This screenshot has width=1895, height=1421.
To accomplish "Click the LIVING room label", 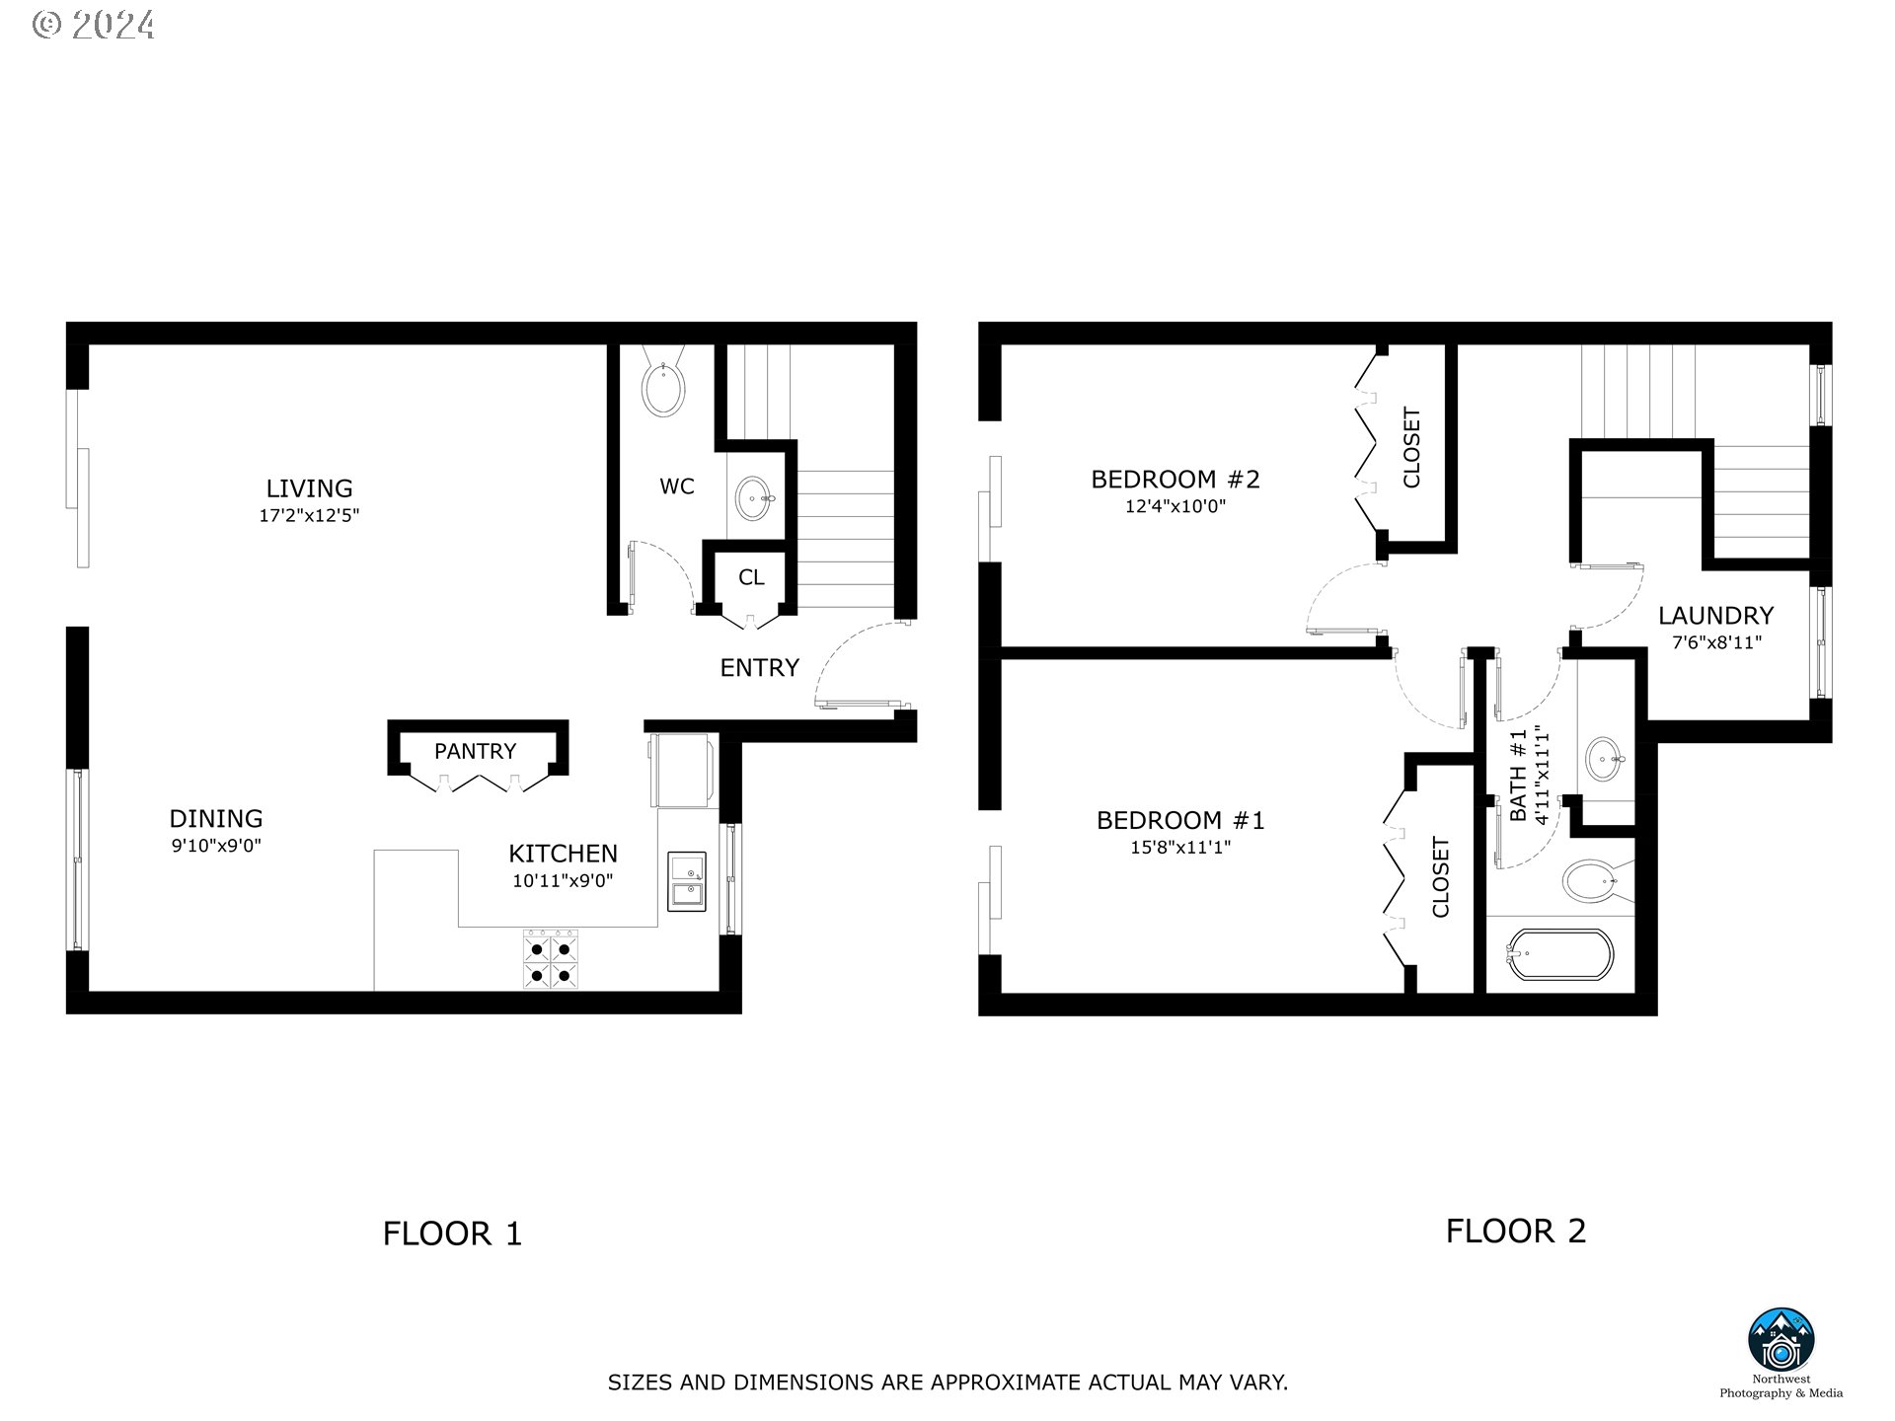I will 309,488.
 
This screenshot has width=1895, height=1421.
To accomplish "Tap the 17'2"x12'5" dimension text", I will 309,515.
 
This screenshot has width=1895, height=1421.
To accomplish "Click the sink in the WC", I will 755,498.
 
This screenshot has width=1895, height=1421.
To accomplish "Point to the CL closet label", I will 751,577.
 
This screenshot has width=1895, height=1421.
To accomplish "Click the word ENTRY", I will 759,668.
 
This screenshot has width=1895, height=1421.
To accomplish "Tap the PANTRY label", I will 475,752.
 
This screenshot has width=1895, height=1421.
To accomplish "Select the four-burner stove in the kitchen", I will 550,961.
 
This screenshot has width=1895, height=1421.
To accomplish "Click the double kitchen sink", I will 687,881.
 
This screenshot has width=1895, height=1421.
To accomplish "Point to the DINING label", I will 216,819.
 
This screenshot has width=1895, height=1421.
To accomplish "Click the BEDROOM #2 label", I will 1175,480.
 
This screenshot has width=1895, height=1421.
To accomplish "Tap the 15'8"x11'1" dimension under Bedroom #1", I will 1180,848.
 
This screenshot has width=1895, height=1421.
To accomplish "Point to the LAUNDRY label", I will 1715,616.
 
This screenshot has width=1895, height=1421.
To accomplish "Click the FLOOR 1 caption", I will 452,1234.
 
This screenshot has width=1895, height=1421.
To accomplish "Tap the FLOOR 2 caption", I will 1515,1232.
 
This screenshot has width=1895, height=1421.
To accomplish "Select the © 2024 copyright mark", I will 93,25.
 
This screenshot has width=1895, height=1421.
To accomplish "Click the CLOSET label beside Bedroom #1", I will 1441,877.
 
